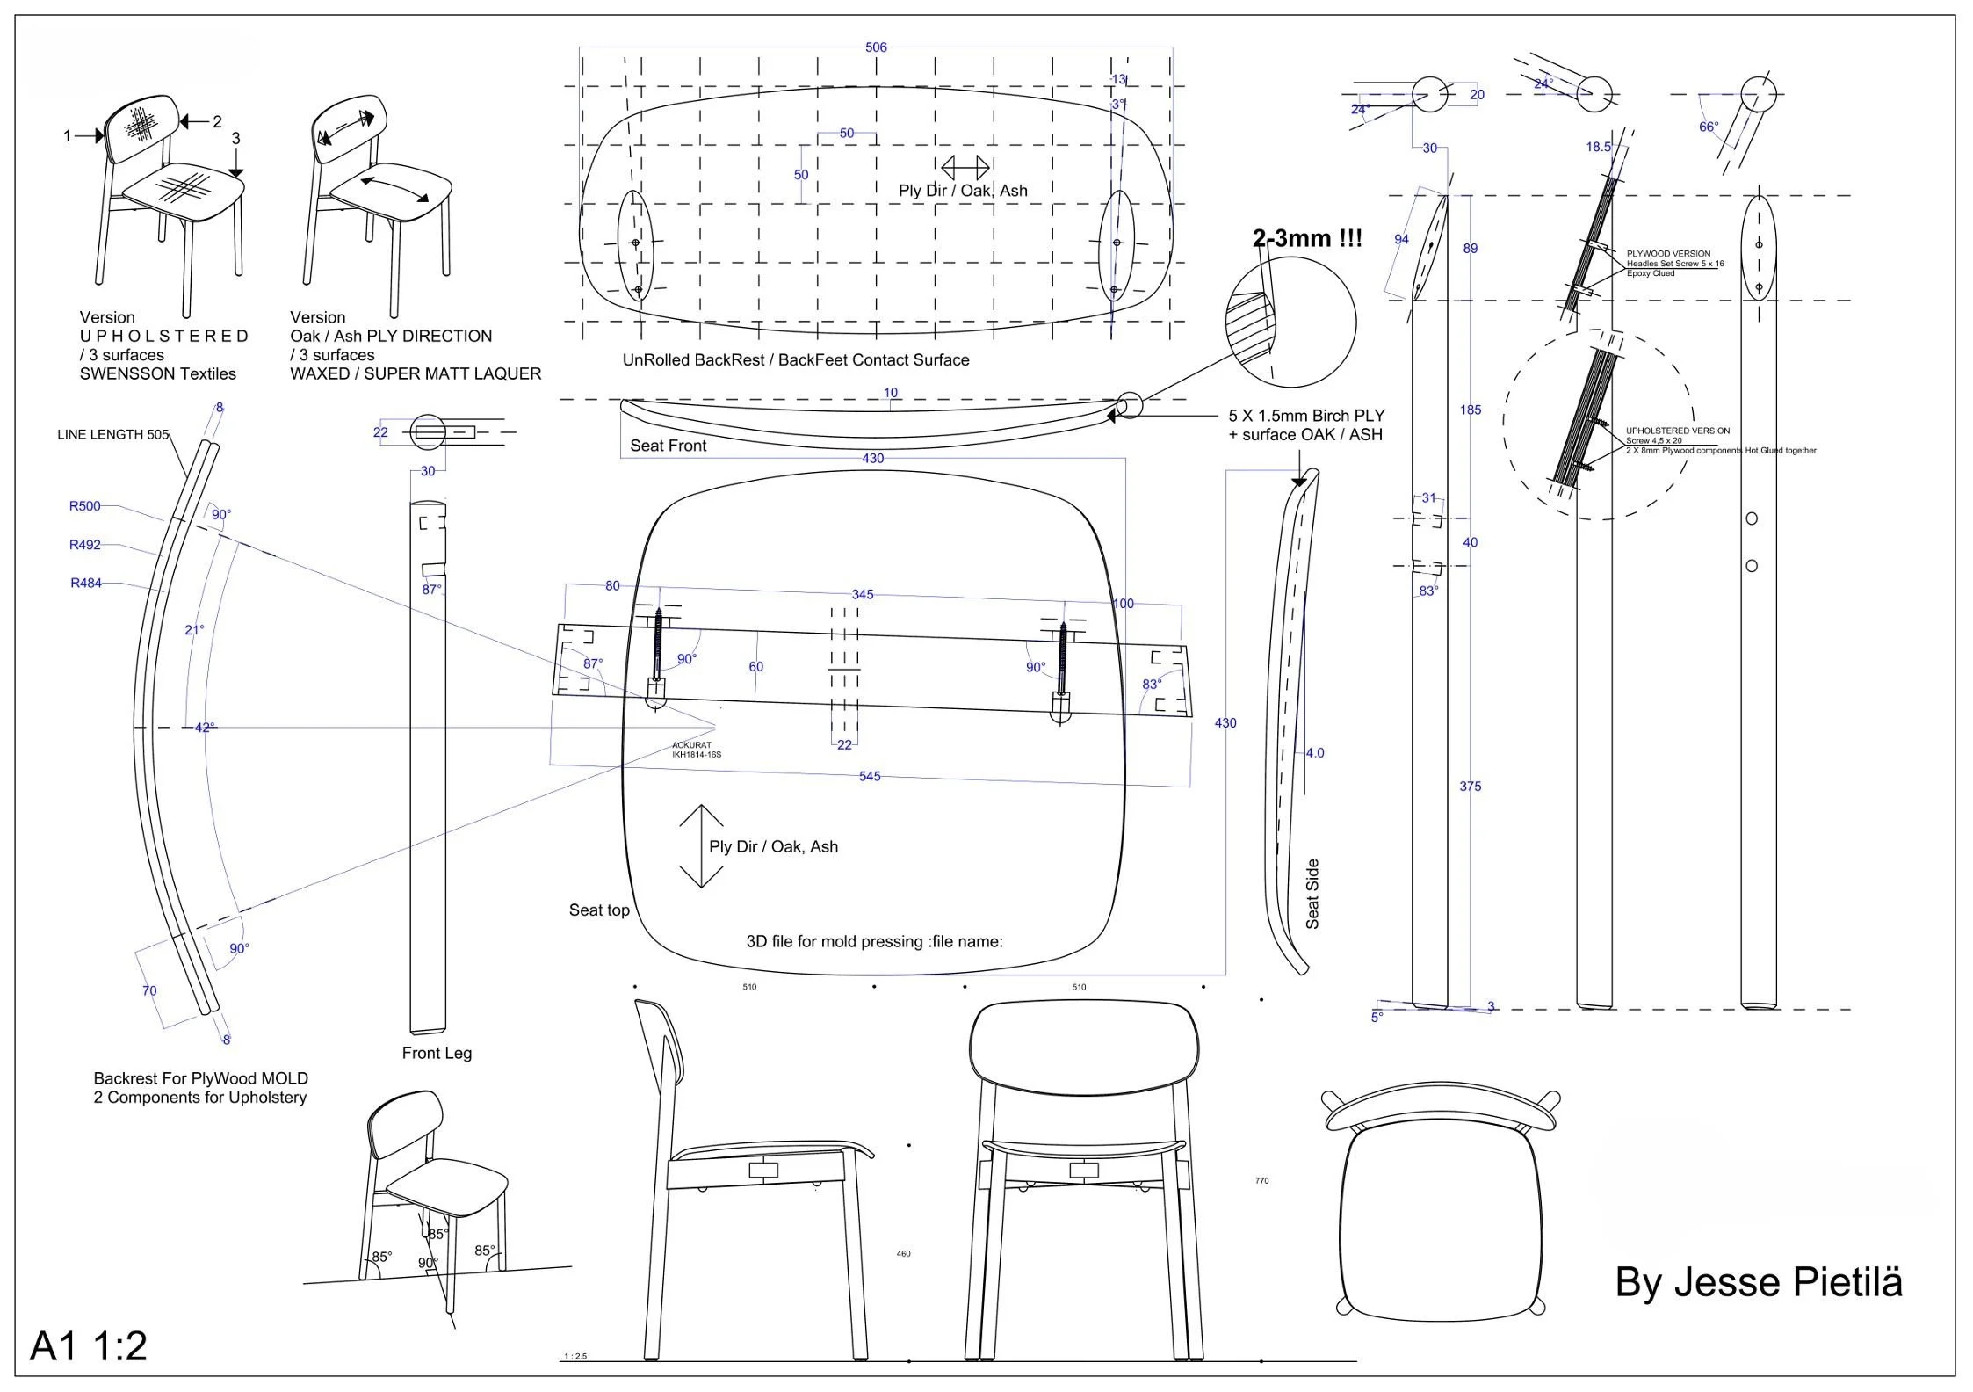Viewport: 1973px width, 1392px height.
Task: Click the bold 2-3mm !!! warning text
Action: click(x=1307, y=238)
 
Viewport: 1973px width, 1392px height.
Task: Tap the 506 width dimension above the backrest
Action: click(x=876, y=47)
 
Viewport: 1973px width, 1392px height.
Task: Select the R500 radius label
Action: click(x=85, y=506)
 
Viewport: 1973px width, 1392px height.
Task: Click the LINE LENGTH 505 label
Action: click(x=112, y=434)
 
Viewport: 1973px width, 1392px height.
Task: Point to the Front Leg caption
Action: click(x=437, y=1053)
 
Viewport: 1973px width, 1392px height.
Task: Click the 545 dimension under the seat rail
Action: click(x=869, y=777)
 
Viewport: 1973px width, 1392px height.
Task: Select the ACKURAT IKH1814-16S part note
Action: click(x=697, y=750)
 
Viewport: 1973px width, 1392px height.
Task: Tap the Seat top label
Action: click(x=599, y=910)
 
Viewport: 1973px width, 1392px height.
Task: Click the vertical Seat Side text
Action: click(x=1312, y=894)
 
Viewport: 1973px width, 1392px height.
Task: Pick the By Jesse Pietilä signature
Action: click(x=1759, y=1282)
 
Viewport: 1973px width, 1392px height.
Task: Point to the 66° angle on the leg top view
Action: click(x=1709, y=127)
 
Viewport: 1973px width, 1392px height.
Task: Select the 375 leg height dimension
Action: click(x=1471, y=787)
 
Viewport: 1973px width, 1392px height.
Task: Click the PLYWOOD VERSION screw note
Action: click(x=1674, y=263)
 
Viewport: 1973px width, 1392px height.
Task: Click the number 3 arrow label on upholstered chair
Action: click(x=235, y=139)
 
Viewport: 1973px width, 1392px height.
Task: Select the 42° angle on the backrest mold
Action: click(x=204, y=728)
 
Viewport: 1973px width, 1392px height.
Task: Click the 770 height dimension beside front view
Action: click(x=1261, y=1181)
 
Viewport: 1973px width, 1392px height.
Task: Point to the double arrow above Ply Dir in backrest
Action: click(x=965, y=167)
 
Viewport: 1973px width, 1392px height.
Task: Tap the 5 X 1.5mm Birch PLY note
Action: click(x=1305, y=424)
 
